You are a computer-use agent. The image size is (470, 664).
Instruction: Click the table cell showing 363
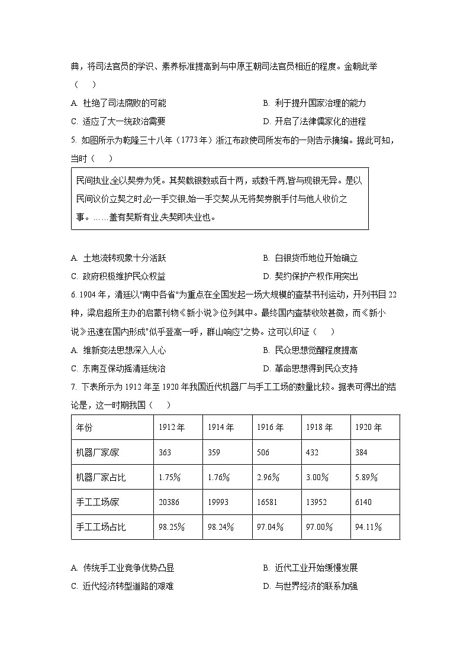165,452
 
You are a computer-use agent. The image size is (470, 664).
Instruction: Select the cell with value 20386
169,502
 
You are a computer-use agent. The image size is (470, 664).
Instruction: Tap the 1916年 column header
271,427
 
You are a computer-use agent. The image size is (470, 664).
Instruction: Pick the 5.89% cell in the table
366,477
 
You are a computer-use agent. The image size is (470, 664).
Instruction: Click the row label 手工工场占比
101,527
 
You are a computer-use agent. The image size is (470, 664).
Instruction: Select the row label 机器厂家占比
101,477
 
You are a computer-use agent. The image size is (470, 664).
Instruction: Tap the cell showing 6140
363,502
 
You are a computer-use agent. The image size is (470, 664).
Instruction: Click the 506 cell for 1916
263,452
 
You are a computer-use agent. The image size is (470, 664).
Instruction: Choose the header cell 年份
85,427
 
